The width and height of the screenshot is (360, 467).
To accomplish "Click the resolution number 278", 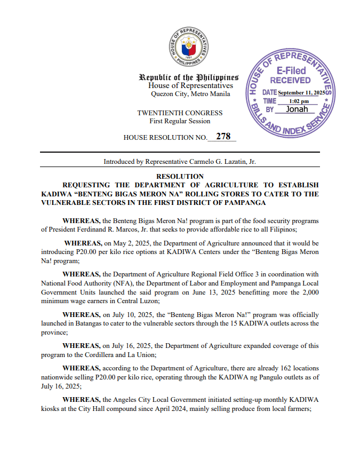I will (x=223, y=137).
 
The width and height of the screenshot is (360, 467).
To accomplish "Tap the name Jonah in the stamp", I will (x=297, y=109).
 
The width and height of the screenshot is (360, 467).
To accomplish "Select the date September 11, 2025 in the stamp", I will (x=301, y=93).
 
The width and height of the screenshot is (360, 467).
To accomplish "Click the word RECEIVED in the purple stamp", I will (x=290, y=81).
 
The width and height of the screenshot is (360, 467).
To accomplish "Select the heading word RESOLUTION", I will (x=180, y=176).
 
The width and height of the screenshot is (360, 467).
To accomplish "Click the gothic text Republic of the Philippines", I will (x=188, y=77).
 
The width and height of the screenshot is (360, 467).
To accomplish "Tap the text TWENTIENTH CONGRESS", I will (x=180, y=113).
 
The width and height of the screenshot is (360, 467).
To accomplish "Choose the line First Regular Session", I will (x=180, y=121).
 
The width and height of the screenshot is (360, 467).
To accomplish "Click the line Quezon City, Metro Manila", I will (x=190, y=94).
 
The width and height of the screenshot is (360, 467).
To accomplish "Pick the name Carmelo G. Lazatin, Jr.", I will (x=221, y=161).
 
